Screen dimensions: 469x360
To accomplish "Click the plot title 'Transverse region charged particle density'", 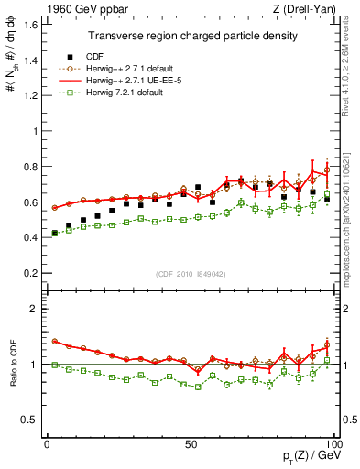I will [192, 36].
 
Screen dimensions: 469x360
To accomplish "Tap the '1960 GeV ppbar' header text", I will [80, 9].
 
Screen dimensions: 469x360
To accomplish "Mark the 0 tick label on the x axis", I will [47, 443].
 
